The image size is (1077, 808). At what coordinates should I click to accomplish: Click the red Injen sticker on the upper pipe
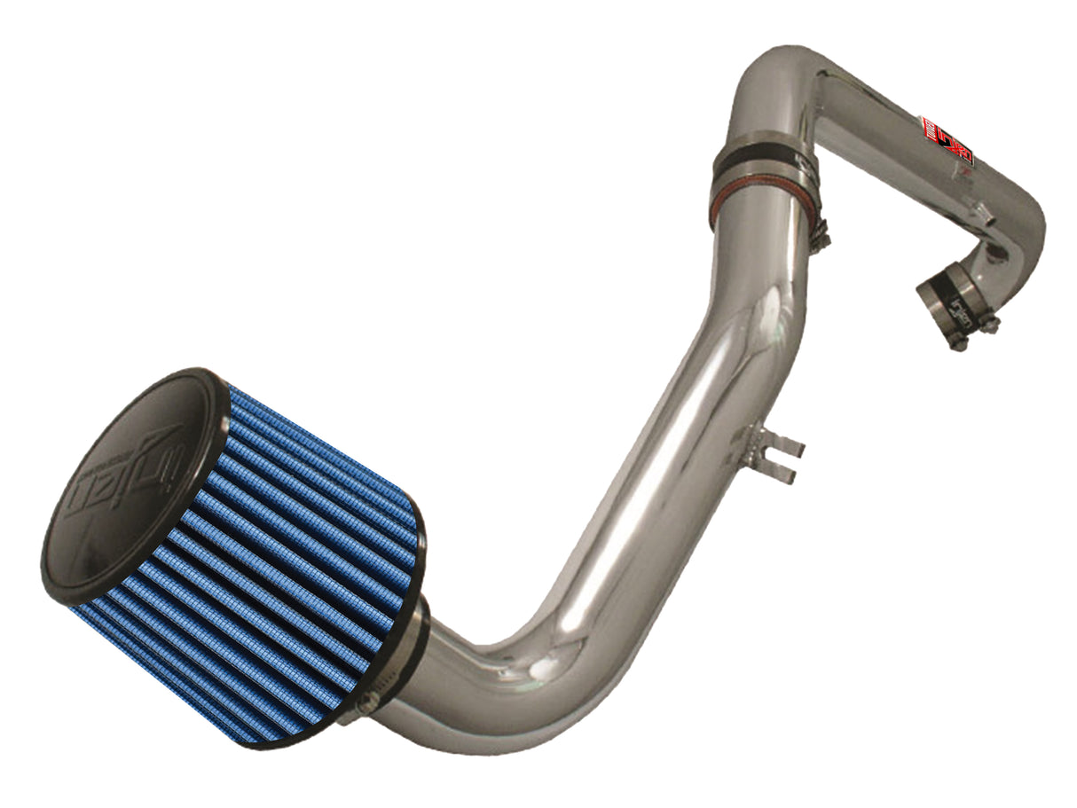point(947,140)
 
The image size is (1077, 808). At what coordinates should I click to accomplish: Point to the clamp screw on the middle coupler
point(822,233)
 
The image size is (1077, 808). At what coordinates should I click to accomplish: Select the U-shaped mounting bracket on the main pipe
point(765,452)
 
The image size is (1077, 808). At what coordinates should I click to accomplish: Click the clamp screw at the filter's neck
point(368,701)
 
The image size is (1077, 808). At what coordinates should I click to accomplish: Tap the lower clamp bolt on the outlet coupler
point(958,342)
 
